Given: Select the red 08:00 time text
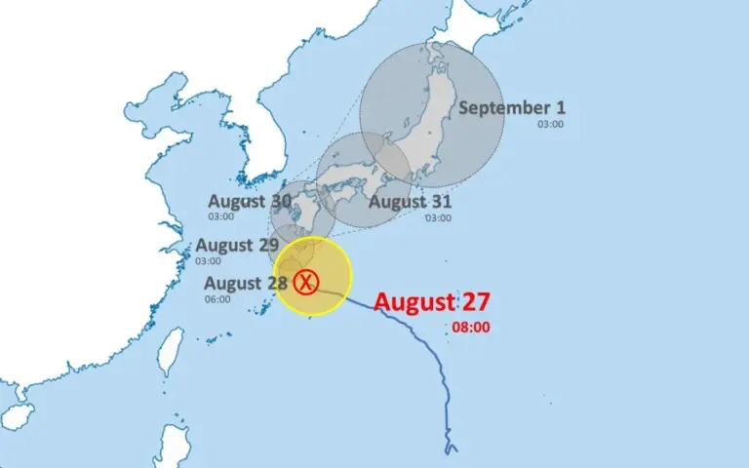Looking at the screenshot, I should tap(471, 328).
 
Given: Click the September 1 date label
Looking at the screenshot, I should tap(512, 108).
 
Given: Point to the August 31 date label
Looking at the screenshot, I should tap(410, 203).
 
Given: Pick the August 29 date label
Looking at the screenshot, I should tap(237, 245).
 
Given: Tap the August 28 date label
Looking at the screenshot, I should tap(246, 284).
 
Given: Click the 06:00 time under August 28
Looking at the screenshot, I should tap(217, 299).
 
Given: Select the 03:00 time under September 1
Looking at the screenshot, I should tap(550, 124).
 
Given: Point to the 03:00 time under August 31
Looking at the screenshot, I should tap(438, 218).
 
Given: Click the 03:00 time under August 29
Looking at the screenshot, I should tap(208, 260).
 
